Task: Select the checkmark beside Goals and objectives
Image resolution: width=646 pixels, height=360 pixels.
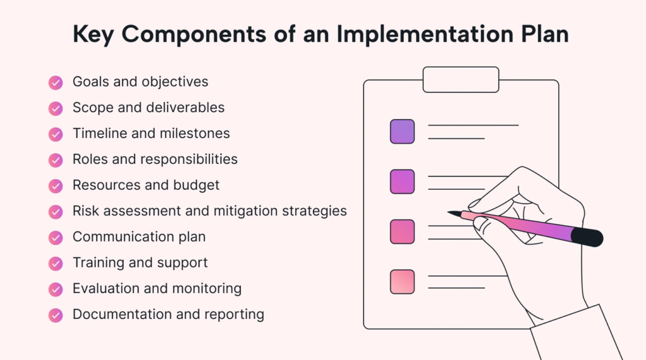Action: point(56,83)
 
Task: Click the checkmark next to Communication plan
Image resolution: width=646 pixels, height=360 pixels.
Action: point(56,238)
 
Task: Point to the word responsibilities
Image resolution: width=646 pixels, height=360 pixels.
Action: point(189,160)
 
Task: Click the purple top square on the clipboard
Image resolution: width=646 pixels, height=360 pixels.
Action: point(402,131)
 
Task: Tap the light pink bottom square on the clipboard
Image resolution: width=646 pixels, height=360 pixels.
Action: point(402,282)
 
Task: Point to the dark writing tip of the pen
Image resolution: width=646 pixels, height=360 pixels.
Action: point(454,214)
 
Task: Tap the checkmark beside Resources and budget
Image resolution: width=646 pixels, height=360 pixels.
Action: point(56,186)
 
